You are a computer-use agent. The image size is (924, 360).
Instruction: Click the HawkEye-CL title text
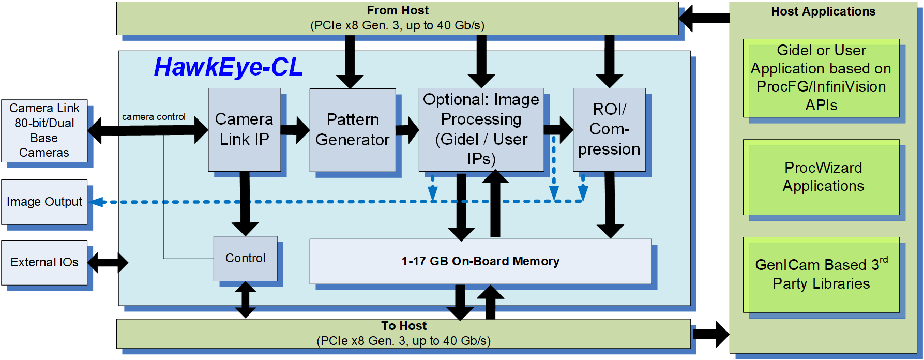(x=228, y=67)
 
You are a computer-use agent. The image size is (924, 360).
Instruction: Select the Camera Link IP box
(x=244, y=129)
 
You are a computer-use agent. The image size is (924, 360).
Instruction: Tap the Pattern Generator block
(x=352, y=130)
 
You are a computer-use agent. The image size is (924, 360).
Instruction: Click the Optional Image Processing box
(x=481, y=129)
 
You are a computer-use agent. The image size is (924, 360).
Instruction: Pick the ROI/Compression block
(x=609, y=129)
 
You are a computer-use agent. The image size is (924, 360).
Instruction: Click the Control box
(x=245, y=258)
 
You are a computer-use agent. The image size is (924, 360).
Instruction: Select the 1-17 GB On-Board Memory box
(x=480, y=261)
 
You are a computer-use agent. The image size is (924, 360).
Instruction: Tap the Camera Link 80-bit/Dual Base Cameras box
(x=44, y=130)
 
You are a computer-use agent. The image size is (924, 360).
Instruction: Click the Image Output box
(x=44, y=202)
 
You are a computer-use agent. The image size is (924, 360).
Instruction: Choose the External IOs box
(x=44, y=262)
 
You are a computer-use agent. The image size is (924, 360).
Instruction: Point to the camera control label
(x=154, y=117)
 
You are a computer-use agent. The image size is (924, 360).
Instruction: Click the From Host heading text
(x=397, y=11)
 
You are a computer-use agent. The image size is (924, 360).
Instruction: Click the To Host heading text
(x=403, y=326)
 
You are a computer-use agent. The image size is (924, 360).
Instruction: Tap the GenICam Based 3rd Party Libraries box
(x=821, y=274)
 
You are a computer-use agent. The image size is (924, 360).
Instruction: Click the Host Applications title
(x=823, y=12)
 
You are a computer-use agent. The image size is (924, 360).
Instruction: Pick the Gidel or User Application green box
(x=821, y=78)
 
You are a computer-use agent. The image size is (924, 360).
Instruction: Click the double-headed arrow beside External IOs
(x=108, y=262)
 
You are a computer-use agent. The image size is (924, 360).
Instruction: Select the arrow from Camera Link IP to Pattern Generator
(x=295, y=130)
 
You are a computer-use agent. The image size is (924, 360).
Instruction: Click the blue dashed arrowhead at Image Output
(x=97, y=202)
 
